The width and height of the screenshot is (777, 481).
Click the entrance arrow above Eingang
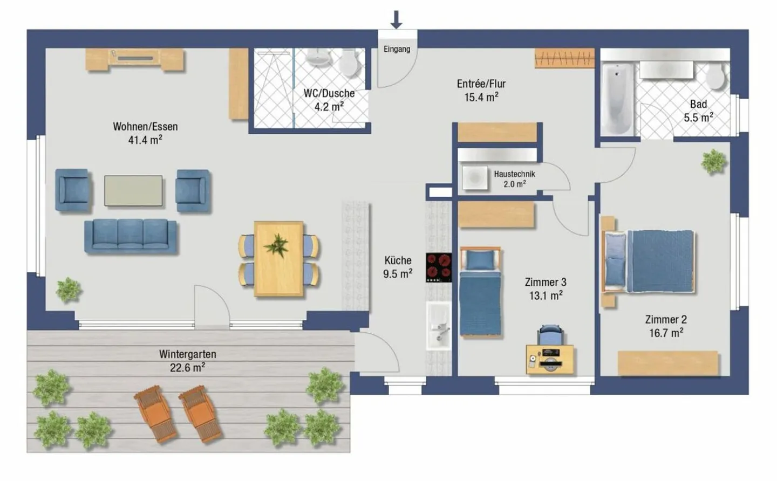click(396, 20)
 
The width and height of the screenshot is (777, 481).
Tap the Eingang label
click(397, 49)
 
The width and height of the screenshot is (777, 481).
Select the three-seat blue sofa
click(131, 236)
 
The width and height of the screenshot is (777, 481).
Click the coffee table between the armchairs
click(134, 190)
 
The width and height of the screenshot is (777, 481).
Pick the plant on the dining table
click(276, 245)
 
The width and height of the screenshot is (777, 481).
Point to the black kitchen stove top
click(439, 267)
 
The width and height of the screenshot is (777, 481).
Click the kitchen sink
click(439, 326)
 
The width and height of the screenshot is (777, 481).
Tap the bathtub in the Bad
click(617, 99)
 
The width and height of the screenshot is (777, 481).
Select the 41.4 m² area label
click(145, 140)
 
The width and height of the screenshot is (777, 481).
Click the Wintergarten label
click(188, 354)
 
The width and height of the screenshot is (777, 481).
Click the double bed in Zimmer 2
click(648, 262)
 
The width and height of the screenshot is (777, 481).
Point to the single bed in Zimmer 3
click(480, 292)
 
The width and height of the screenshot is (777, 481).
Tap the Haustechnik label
click(514, 174)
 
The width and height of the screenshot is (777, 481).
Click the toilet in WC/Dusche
click(348, 63)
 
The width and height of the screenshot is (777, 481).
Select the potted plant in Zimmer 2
click(713, 161)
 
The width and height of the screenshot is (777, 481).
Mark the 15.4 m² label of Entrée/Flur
click(481, 98)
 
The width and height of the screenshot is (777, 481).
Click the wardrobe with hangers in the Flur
click(564, 58)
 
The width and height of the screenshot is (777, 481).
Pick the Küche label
click(398, 260)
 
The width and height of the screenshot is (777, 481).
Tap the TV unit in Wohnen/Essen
click(134, 59)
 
